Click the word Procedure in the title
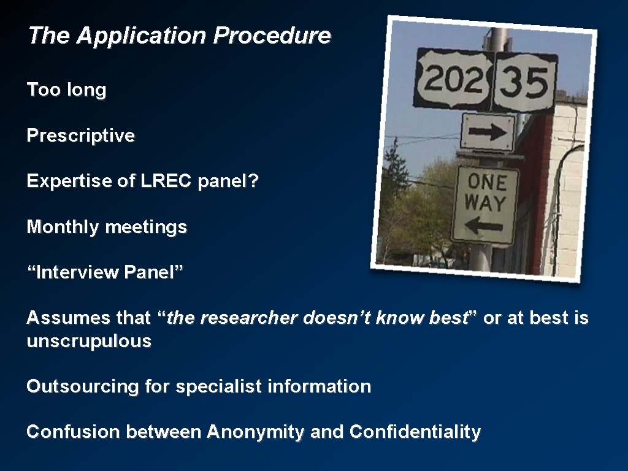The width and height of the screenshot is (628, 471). pos(271,36)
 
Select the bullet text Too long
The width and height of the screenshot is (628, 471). pos(66,90)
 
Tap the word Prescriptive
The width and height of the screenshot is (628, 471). pos(80,136)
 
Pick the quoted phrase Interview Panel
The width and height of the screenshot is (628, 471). pos(105,272)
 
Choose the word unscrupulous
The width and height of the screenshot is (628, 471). pos(89,341)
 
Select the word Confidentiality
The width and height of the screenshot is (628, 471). pos(415,432)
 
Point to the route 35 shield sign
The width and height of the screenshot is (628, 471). pos(525,83)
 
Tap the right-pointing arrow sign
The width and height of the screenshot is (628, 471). pos(488,132)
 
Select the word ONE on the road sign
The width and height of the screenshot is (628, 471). pos(487,182)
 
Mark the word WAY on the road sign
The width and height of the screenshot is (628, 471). pos(485,202)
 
